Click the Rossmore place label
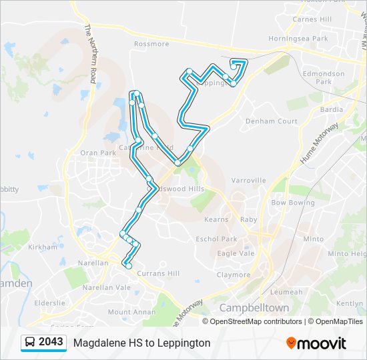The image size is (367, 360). pos(151,44)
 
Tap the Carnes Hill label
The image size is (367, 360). pos(312,19)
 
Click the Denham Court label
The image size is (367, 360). pos(271,121)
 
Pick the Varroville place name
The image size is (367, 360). pos(248,180)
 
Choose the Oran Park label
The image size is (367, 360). pos(98,153)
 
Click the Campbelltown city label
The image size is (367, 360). pos(254,308)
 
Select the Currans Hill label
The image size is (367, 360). pos(157,273)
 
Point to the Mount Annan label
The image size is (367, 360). pos(132,312)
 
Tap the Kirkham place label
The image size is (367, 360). pos(44,247)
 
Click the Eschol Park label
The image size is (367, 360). pos(216,239)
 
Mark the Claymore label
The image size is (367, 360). pos(233,275)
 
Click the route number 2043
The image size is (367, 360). pos(51,342)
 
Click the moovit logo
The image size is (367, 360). pos(316,343)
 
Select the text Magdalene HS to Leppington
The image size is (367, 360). pos(142,343)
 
